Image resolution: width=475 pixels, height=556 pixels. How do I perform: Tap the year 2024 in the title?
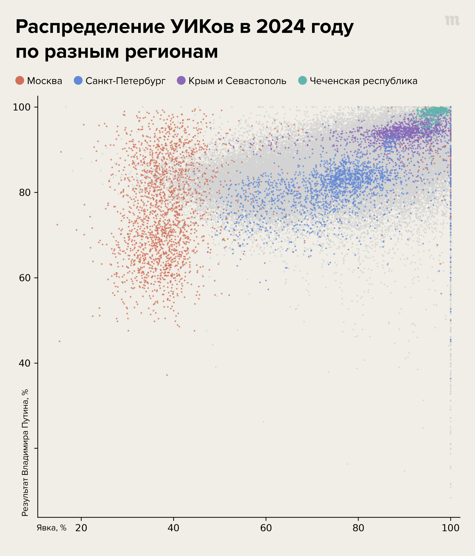pyautogui.click(x=280, y=27)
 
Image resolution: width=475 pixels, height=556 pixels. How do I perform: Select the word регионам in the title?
pyautogui.click(x=171, y=52)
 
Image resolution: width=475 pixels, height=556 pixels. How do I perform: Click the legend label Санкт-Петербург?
pyautogui.click(x=125, y=81)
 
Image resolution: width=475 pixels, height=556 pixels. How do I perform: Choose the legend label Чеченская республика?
pyautogui.click(x=363, y=81)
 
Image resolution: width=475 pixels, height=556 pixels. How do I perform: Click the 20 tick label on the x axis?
pyautogui.click(x=81, y=528)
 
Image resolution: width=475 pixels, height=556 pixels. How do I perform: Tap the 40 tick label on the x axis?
pyautogui.click(x=173, y=528)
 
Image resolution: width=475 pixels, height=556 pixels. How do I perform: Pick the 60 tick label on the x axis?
pyautogui.click(x=266, y=528)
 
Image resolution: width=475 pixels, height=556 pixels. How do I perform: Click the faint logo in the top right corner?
pyautogui.click(x=452, y=21)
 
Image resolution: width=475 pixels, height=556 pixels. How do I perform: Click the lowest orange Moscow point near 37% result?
pyautogui.click(x=167, y=375)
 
